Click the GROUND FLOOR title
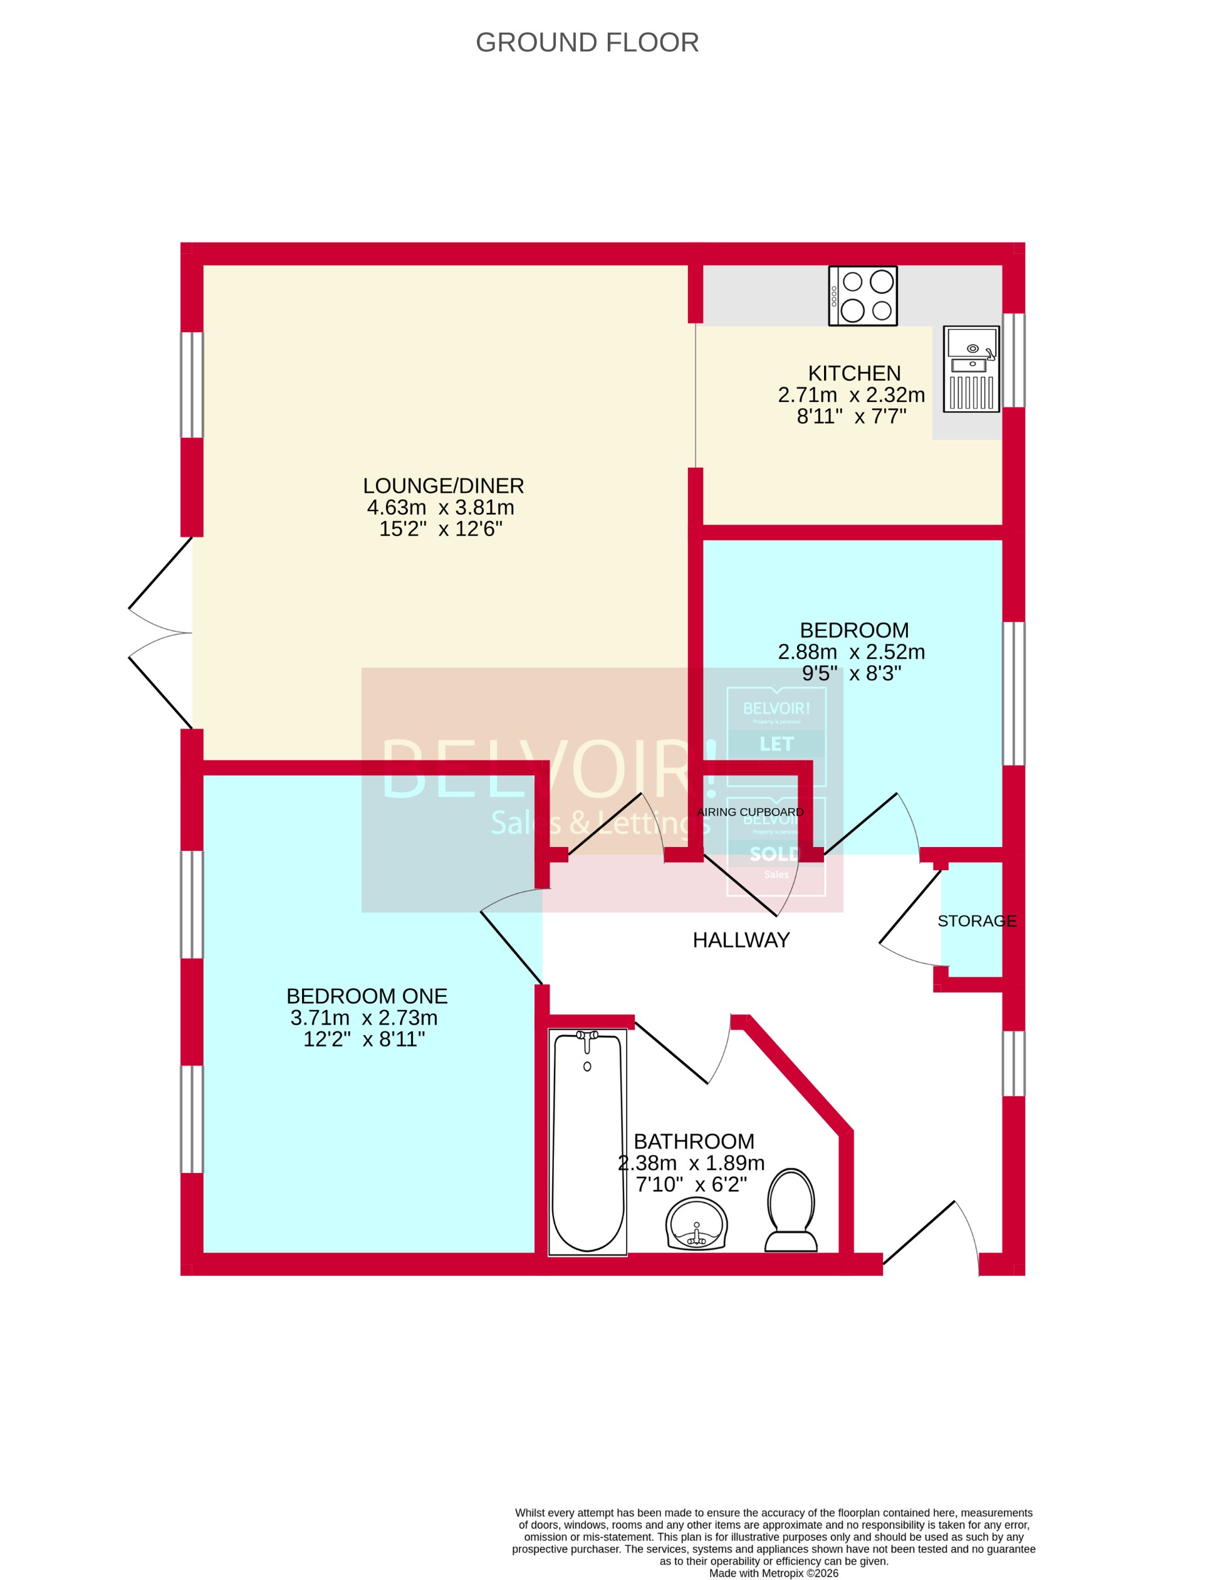587,43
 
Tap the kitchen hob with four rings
862,295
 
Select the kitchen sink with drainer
971,369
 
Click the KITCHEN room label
853,373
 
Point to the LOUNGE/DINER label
443,486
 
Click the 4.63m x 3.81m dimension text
441,507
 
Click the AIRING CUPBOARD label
750,812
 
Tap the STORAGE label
977,920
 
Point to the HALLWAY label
741,940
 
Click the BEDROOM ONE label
367,996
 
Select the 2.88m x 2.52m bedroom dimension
852,651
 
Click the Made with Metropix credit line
773,1573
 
